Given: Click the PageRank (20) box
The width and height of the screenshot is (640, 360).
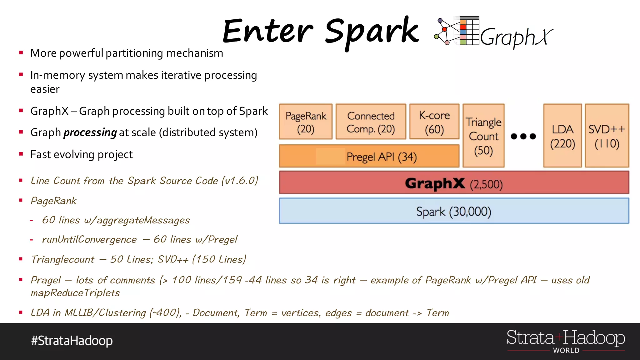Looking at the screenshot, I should [306, 122].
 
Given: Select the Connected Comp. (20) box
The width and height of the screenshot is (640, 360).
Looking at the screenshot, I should [371, 122].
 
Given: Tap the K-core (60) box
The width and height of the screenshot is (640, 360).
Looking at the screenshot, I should [434, 122].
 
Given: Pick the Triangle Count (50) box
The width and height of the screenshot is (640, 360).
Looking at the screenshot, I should [483, 136].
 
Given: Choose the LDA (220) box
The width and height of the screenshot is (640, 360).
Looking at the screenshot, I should [562, 136].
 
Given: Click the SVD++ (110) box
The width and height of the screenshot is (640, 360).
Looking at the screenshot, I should [607, 136].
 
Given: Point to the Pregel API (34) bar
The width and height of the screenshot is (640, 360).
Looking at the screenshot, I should [369, 156].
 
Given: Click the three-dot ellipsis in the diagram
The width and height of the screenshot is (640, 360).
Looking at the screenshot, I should [523, 136].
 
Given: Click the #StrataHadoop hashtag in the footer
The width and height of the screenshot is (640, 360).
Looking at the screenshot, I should [72, 341].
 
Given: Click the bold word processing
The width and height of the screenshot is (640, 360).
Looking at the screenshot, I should [90, 132].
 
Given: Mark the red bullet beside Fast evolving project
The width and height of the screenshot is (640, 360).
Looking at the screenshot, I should [21, 154].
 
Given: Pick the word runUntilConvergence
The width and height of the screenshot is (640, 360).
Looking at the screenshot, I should [89, 240].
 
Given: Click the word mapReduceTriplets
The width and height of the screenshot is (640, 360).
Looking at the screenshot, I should [75, 293].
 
